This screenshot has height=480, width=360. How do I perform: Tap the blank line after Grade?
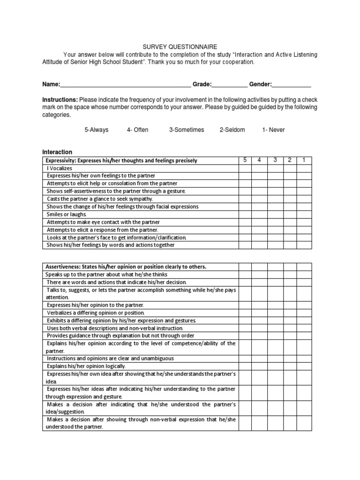point(230,85)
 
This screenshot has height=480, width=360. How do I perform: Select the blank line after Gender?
point(292,85)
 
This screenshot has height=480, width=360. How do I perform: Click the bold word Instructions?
point(60,100)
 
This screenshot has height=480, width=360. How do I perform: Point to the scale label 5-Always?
point(96,130)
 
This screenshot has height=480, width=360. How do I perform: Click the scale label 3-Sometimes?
point(187,130)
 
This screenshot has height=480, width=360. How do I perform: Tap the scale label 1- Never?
point(273,130)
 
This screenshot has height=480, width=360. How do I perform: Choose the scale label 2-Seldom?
point(232,130)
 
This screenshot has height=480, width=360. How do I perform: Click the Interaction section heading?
point(57,152)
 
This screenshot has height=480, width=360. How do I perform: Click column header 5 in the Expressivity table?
point(245,160)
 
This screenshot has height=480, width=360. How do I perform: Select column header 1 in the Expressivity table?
point(304,160)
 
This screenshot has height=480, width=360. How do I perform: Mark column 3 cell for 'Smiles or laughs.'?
point(275,214)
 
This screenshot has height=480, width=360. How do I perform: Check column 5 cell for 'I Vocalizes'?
point(245,168)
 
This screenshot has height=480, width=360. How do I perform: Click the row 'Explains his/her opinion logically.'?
point(86,366)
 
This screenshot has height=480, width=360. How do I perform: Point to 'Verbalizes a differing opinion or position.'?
point(96,313)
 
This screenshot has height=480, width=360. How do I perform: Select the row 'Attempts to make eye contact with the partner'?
point(103,222)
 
